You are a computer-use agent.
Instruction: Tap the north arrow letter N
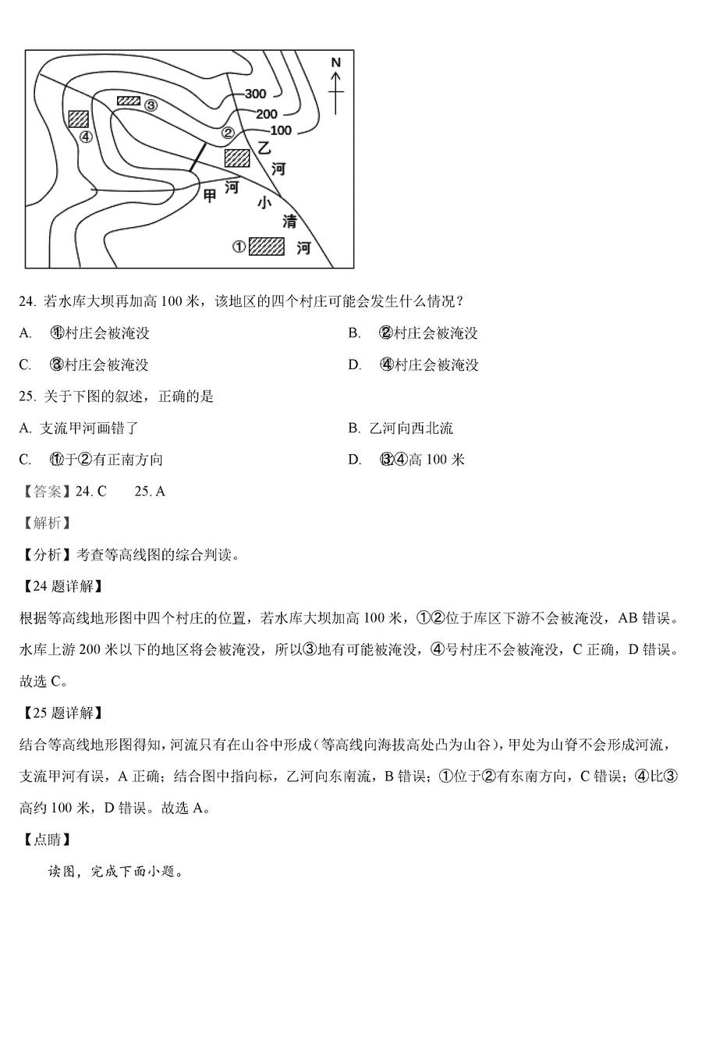pos(335,62)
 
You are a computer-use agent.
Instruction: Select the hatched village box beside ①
pos(268,247)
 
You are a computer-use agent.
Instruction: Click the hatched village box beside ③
pos(129,101)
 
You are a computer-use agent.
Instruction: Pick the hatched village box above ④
pos(79,119)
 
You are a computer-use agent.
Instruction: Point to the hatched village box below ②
pos(236,158)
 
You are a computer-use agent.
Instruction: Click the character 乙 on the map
pos(265,147)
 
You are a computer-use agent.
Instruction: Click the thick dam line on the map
pos(198,157)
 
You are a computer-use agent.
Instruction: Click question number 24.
pos(27,302)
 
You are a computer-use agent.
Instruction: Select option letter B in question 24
pos(354,333)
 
